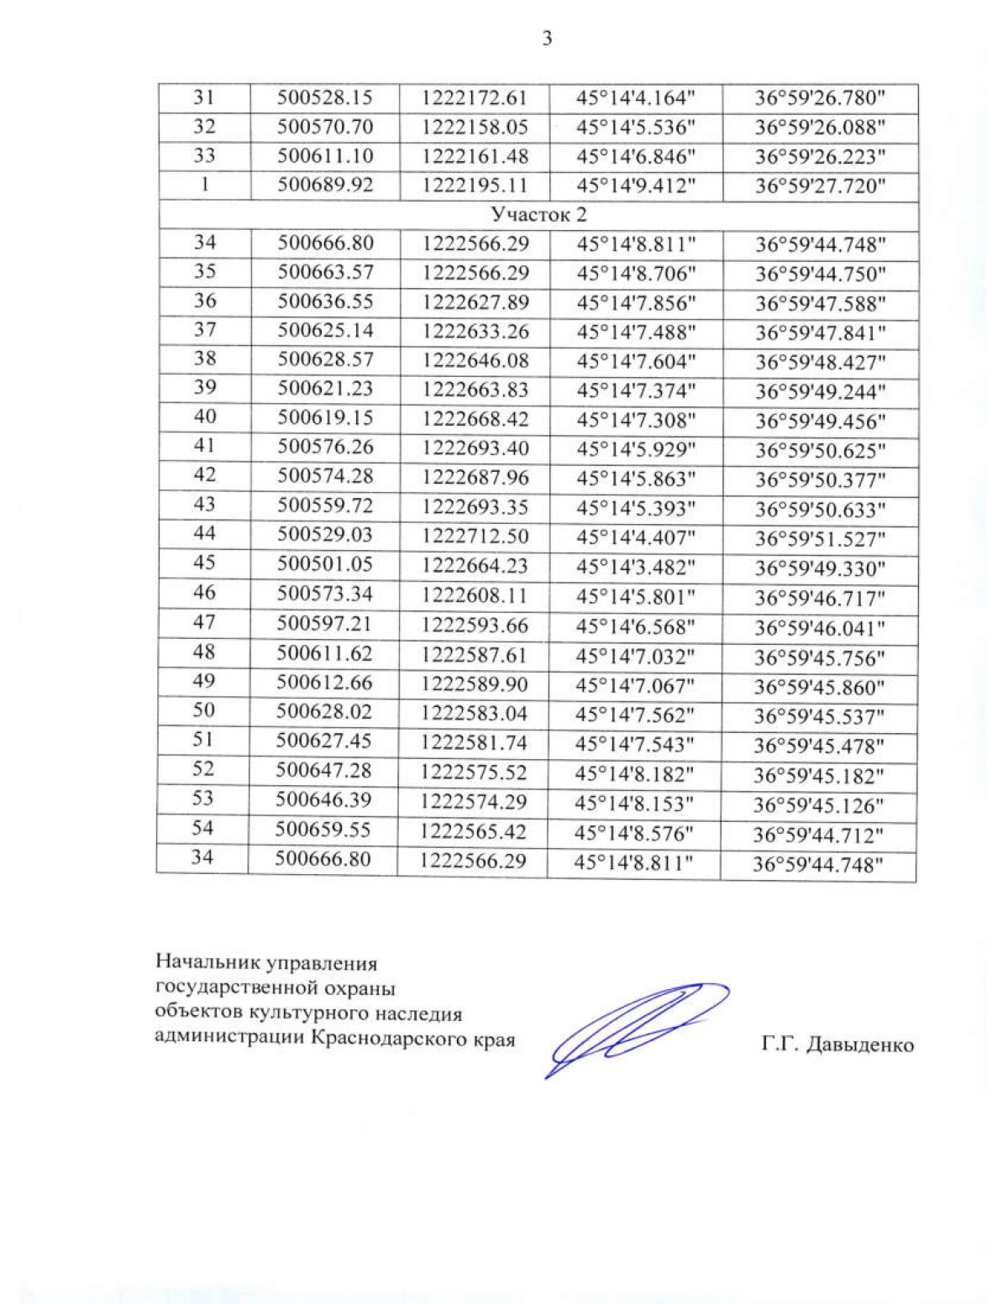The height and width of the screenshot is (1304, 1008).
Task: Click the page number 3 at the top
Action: (547, 39)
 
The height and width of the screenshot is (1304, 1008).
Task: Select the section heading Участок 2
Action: (538, 215)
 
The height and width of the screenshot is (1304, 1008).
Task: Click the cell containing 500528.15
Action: (325, 98)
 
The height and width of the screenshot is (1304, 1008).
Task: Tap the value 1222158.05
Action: (475, 128)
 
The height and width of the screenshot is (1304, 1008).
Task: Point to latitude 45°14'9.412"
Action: (636, 186)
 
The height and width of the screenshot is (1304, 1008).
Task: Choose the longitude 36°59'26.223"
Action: (820, 157)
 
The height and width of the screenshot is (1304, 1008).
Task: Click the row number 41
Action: (204, 446)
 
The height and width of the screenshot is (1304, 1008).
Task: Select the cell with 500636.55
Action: (325, 301)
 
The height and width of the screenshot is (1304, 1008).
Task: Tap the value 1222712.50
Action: (475, 536)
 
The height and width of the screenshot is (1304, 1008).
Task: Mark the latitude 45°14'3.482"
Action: (636, 567)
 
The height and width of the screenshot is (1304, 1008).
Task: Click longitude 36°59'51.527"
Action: (820, 539)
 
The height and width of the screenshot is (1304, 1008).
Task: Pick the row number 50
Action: (204, 710)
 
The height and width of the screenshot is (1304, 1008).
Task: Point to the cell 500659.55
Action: (323, 830)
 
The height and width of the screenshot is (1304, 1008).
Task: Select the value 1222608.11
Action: (475, 596)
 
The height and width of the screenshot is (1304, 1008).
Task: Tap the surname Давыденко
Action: (860, 1045)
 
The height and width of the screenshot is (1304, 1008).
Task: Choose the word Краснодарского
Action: (393, 1039)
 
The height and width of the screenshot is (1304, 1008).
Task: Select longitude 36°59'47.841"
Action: (820, 333)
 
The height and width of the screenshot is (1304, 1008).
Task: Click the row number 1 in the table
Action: (204, 185)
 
